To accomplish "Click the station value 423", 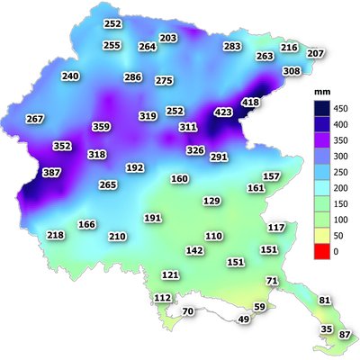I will coord(223,112).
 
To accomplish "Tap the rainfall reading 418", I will coord(251,103).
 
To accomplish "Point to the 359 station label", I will coord(101,127).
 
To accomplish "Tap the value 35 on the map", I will coord(327,328).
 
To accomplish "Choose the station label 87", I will coord(346,335).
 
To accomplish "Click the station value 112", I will coord(162,298).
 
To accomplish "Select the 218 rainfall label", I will coord(56,236).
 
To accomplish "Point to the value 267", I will coord(35,120).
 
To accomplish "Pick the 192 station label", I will coord(135,167).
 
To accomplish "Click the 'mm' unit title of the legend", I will coord(318,93).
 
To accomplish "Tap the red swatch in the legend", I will coord(314,252).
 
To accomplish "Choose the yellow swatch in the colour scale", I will coord(314,234).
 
